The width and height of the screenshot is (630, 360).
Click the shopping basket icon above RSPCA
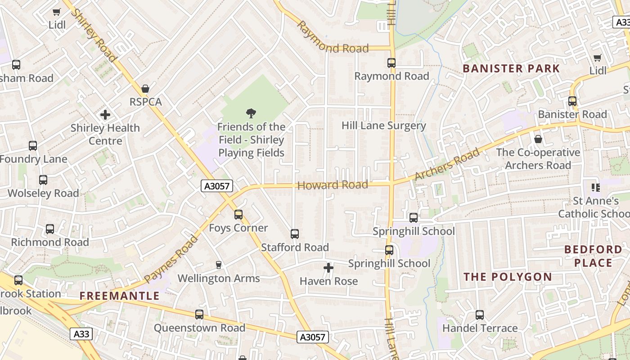click(x=145, y=89)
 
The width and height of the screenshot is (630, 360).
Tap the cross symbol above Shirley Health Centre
click(x=105, y=115)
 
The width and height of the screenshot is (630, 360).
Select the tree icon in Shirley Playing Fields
click(x=251, y=113)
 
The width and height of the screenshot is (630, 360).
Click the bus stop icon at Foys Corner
click(x=238, y=215)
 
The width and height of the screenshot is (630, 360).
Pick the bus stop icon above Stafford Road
click(x=295, y=234)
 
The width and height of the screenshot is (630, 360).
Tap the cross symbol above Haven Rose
click(x=328, y=268)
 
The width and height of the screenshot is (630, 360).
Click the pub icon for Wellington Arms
click(x=219, y=265)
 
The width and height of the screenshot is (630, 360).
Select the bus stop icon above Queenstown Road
click(x=199, y=315)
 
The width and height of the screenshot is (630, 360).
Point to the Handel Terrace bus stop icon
click(x=480, y=315)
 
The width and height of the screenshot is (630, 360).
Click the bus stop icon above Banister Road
click(x=572, y=101)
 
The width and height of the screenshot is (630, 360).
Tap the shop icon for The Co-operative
click(x=538, y=139)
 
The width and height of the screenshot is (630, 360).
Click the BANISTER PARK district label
click(x=511, y=69)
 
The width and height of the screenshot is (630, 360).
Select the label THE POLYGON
click(x=508, y=277)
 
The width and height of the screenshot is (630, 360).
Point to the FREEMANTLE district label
click(x=120, y=296)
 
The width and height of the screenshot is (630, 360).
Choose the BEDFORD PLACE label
click(x=593, y=256)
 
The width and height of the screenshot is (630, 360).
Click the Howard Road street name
click(x=333, y=185)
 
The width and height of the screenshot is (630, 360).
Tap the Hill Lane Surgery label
click(x=383, y=126)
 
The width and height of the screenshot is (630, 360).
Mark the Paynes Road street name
click(x=171, y=259)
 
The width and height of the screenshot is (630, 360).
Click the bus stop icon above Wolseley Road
click(x=43, y=180)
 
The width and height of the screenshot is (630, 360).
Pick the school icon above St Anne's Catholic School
click(x=596, y=187)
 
